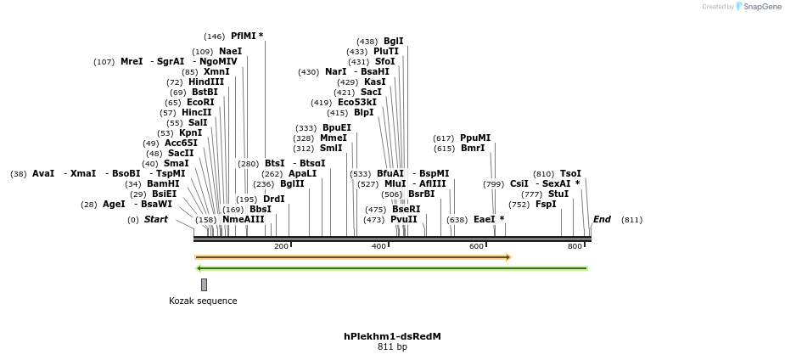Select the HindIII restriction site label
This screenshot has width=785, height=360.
tap(206, 82)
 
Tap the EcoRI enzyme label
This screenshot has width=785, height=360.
tap(201, 103)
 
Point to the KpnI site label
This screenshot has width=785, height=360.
tap(191, 133)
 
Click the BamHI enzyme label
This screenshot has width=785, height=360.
tap(163, 184)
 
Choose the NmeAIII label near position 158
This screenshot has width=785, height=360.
tap(244, 220)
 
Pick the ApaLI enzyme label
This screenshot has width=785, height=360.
tap(302, 174)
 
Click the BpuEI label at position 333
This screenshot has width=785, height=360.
tap(337, 128)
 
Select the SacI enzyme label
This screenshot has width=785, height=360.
tap(372, 93)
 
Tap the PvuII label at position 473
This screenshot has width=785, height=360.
tap(404, 220)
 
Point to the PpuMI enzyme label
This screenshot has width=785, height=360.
tap(475, 138)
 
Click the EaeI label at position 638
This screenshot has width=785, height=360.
tap(484, 220)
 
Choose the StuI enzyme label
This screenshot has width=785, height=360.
tap(558, 194)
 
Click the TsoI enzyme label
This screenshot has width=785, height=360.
tap(570, 174)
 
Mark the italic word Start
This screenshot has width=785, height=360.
tap(156, 220)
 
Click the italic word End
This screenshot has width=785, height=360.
tap(602, 220)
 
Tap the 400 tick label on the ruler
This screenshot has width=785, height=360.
tap(378, 246)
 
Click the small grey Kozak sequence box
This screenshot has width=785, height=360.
tap(204, 284)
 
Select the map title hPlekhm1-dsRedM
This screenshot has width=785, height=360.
tap(392, 337)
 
